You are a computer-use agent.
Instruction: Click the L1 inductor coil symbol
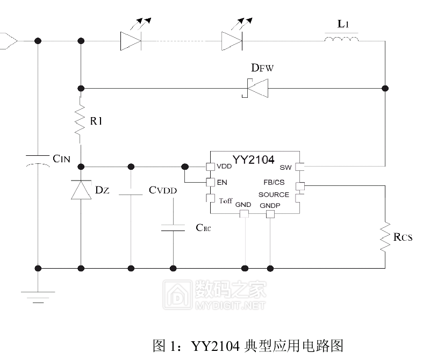(341, 39)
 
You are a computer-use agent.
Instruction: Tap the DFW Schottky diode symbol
(255, 88)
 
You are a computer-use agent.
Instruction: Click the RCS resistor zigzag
(385, 236)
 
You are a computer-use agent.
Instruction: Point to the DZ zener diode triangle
(81, 190)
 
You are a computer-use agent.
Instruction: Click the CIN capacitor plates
(38, 161)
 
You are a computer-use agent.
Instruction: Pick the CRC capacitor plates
(173, 228)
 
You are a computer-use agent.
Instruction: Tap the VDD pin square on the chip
(210, 167)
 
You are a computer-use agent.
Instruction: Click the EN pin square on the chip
(210, 182)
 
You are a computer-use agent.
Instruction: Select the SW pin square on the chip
(300, 167)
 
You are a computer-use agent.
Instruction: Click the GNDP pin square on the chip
(270, 214)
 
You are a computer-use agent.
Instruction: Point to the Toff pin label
(226, 201)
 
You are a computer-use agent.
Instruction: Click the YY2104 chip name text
(253, 160)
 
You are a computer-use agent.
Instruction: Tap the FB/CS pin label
(274, 182)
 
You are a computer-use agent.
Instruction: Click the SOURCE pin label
(274, 195)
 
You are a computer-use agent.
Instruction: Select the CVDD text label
(163, 190)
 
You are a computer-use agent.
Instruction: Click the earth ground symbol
(38, 297)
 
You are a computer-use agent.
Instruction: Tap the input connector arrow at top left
(9, 41)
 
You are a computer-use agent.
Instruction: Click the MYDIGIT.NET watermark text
(231, 305)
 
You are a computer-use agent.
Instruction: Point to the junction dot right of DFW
(385, 88)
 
